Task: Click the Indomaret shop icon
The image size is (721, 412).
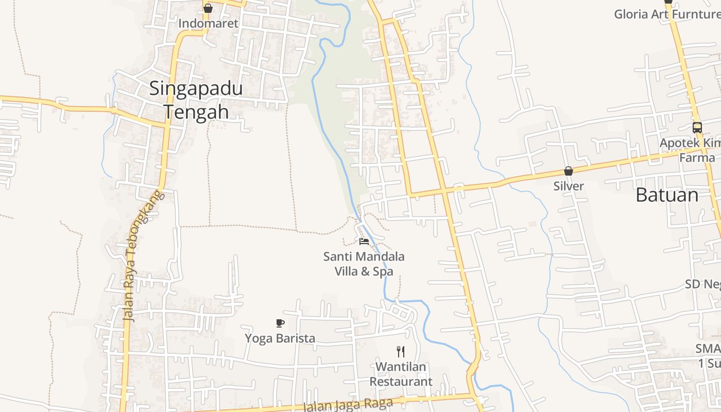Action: click(208, 8)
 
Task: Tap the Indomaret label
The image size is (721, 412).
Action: click(209, 24)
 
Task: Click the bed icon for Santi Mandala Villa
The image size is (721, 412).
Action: click(364, 241)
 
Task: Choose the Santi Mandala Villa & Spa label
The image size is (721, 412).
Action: click(364, 264)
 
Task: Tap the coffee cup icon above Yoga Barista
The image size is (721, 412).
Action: click(280, 323)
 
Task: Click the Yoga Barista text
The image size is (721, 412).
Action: click(280, 338)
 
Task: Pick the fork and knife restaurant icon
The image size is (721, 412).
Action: click(401, 352)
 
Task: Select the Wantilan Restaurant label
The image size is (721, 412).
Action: click(401, 374)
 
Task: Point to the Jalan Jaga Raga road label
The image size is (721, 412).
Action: click(348, 404)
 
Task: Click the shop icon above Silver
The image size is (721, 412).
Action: click(569, 171)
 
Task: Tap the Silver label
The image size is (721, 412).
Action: click(569, 186)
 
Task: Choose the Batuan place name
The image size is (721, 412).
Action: click(667, 195)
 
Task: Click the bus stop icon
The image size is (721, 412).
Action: click(697, 128)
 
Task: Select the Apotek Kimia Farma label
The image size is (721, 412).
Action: click(690, 150)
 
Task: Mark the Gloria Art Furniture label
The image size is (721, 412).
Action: click(667, 14)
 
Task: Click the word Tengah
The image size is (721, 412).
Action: click(196, 112)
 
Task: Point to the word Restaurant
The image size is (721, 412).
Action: click(401, 382)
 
